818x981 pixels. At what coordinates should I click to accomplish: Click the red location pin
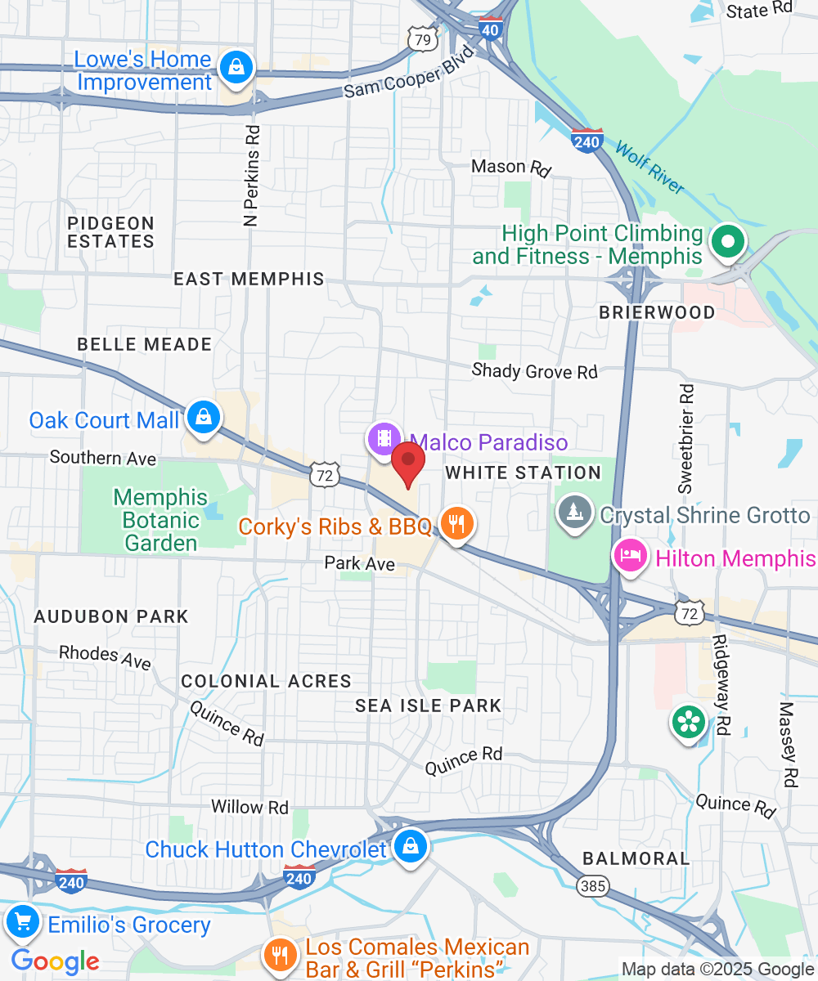point(407,464)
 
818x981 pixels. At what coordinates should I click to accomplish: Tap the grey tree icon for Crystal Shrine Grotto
point(575,513)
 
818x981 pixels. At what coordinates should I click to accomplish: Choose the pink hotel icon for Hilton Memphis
point(628,557)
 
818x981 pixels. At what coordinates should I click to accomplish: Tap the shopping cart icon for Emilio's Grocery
point(23,922)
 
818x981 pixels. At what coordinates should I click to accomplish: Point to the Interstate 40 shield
point(491,28)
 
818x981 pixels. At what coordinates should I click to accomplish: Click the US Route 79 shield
point(421,38)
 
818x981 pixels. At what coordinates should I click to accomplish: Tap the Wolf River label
point(649,168)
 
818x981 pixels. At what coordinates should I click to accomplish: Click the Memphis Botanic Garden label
point(161,520)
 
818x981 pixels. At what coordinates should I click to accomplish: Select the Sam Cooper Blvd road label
point(408,74)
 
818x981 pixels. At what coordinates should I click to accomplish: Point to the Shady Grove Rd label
point(535,371)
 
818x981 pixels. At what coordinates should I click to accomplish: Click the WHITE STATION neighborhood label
point(524,473)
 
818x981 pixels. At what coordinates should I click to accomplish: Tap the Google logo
point(55,961)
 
